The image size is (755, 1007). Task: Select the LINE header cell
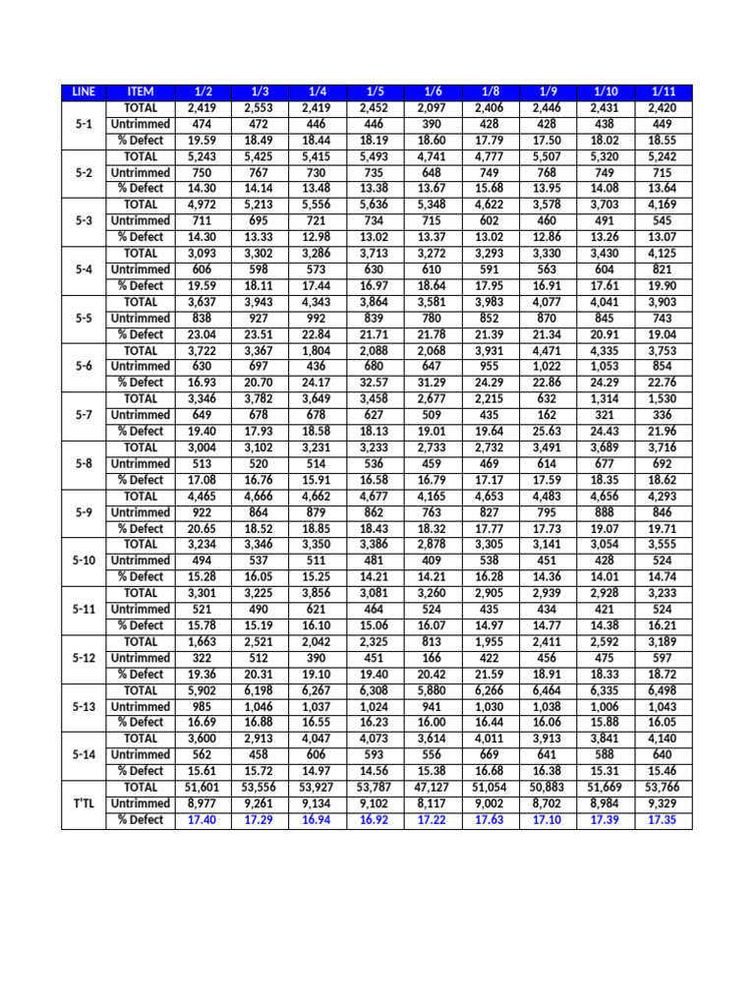click(84, 92)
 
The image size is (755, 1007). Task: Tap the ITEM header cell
click(141, 92)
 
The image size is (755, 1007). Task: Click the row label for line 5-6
click(84, 366)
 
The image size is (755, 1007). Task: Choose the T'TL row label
click(84, 803)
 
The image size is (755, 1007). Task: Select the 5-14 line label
click(84, 754)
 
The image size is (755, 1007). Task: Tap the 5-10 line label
click(84, 561)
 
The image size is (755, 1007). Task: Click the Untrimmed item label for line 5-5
click(141, 318)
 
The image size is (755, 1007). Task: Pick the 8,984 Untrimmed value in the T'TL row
click(606, 803)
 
